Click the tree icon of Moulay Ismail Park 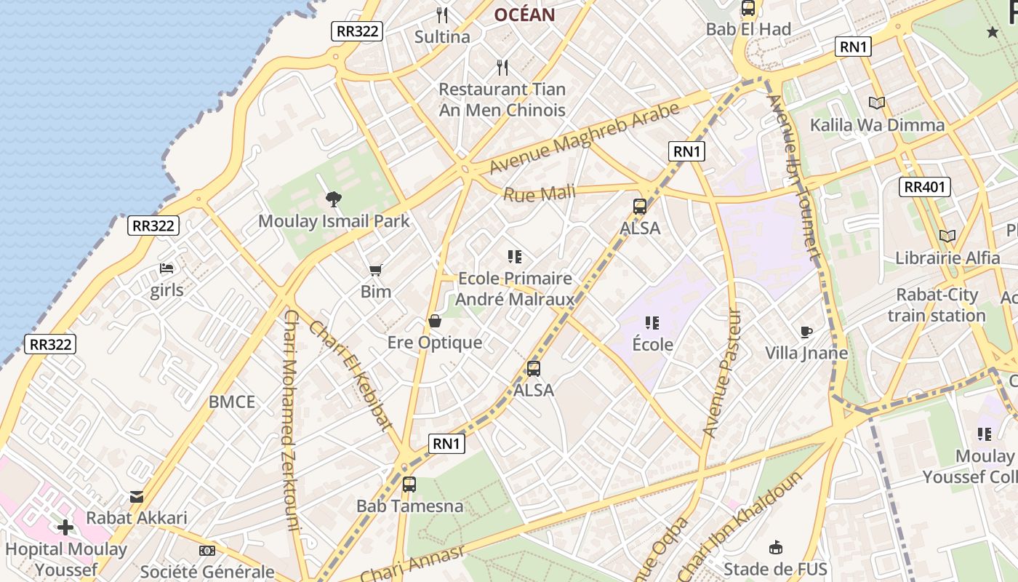click(334, 198)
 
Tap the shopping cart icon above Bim click(375, 271)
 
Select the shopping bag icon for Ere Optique click(435, 321)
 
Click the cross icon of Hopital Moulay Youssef click(65, 527)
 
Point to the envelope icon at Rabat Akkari click(137, 497)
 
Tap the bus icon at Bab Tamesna click(409, 485)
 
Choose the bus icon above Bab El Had click(748, 9)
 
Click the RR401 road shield click(925, 187)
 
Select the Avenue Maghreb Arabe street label click(585, 138)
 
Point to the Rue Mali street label click(539, 194)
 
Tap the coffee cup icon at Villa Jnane click(806, 332)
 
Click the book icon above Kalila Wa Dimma click(877, 103)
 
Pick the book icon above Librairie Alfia click(947, 236)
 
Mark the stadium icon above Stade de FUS click(776, 547)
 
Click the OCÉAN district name click(524, 15)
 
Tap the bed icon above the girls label click(167, 268)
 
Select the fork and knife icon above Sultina click(441, 15)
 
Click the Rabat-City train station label click(937, 305)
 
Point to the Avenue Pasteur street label click(723, 372)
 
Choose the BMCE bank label click(232, 402)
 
